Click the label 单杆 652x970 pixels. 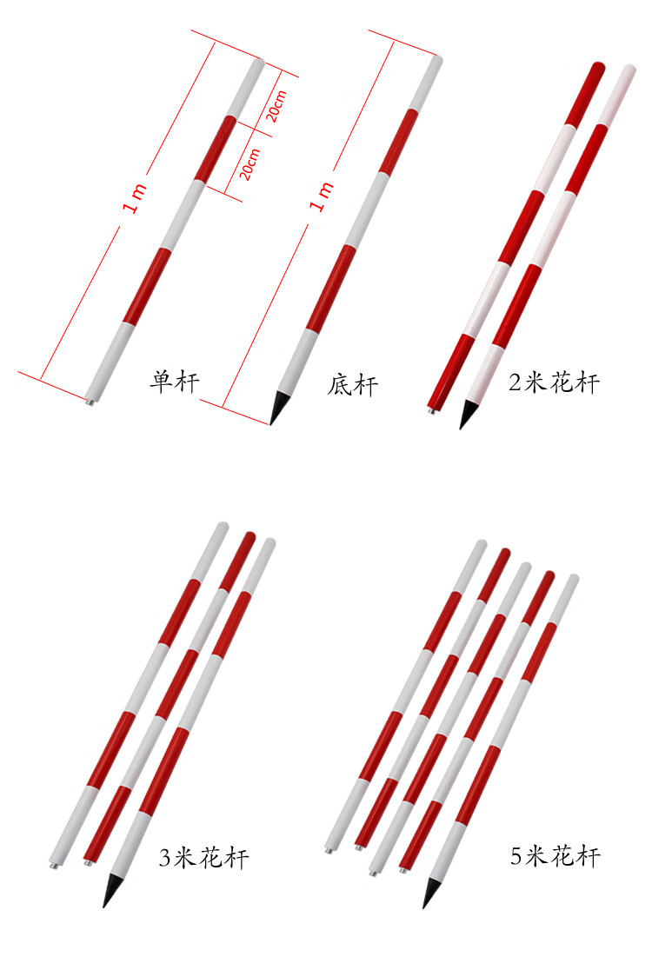point(175,382)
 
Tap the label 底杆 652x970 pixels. point(353,385)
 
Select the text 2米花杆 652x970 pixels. point(555,382)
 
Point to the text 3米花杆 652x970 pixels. point(204,857)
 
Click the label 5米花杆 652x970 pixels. point(555,855)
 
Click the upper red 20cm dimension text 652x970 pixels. point(276,106)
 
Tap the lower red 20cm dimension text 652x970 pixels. point(249,164)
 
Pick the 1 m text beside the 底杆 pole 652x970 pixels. point(322,196)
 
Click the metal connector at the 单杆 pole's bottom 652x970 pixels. point(90,402)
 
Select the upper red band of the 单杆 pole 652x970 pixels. point(216,148)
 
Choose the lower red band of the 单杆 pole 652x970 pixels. point(147,286)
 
